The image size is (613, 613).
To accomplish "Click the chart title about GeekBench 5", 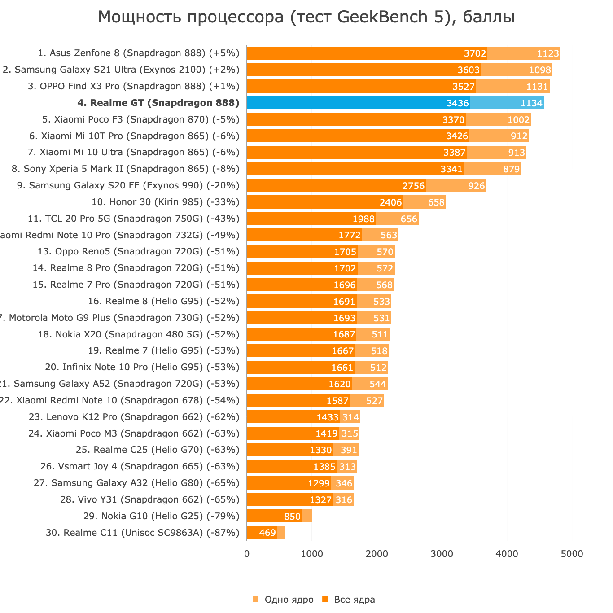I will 306,17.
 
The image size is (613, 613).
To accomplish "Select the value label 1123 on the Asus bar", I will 548,53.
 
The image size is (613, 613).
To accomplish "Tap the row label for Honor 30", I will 165,202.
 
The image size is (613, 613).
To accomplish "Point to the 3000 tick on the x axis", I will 442,554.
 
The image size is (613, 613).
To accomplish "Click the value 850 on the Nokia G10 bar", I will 292,517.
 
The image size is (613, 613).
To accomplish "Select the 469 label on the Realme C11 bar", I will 267,533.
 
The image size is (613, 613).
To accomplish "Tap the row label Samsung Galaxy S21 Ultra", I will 121,70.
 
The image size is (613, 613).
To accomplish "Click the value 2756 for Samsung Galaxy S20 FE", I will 413,186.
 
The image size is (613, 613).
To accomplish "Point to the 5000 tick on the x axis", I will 572,554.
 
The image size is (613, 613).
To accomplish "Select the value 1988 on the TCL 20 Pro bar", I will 363,219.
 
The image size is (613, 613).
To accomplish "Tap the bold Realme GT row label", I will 158,103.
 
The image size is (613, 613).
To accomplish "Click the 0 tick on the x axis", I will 247,554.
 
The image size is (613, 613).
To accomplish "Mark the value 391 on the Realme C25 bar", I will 349,450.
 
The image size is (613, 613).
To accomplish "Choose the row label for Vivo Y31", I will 149,499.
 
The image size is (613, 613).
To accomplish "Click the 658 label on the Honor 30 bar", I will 436,202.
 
